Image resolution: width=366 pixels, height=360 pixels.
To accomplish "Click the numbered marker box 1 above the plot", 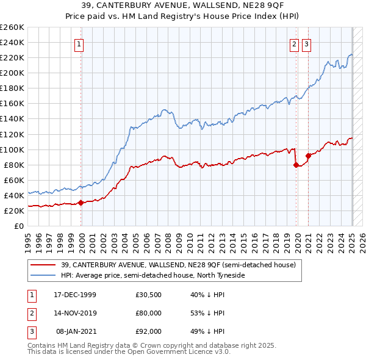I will click(80, 44).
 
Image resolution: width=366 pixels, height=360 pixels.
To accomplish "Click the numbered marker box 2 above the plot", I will click(294, 44).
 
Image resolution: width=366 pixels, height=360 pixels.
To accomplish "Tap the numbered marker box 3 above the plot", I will click(306, 44).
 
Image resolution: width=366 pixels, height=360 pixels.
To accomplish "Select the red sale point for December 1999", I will click(81, 203).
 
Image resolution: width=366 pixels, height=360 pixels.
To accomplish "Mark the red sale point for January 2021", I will click(309, 156).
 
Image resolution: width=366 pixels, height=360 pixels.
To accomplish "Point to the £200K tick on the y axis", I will click(12, 73).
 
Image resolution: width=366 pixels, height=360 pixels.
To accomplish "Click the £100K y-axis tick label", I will click(12, 149).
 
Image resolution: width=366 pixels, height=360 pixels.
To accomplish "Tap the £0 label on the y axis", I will click(18, 226).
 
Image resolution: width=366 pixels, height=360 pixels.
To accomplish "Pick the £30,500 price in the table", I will click(148, 295).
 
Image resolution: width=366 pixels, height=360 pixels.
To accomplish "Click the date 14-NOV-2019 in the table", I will click(75, 313).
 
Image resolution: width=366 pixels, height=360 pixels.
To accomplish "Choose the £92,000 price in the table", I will click(148, 331).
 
